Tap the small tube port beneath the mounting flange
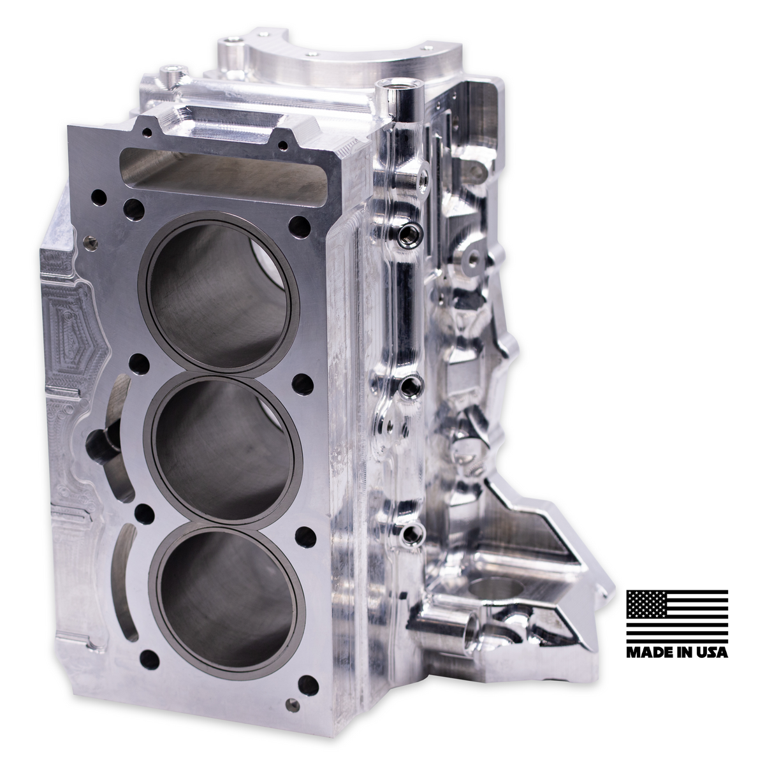472,632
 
